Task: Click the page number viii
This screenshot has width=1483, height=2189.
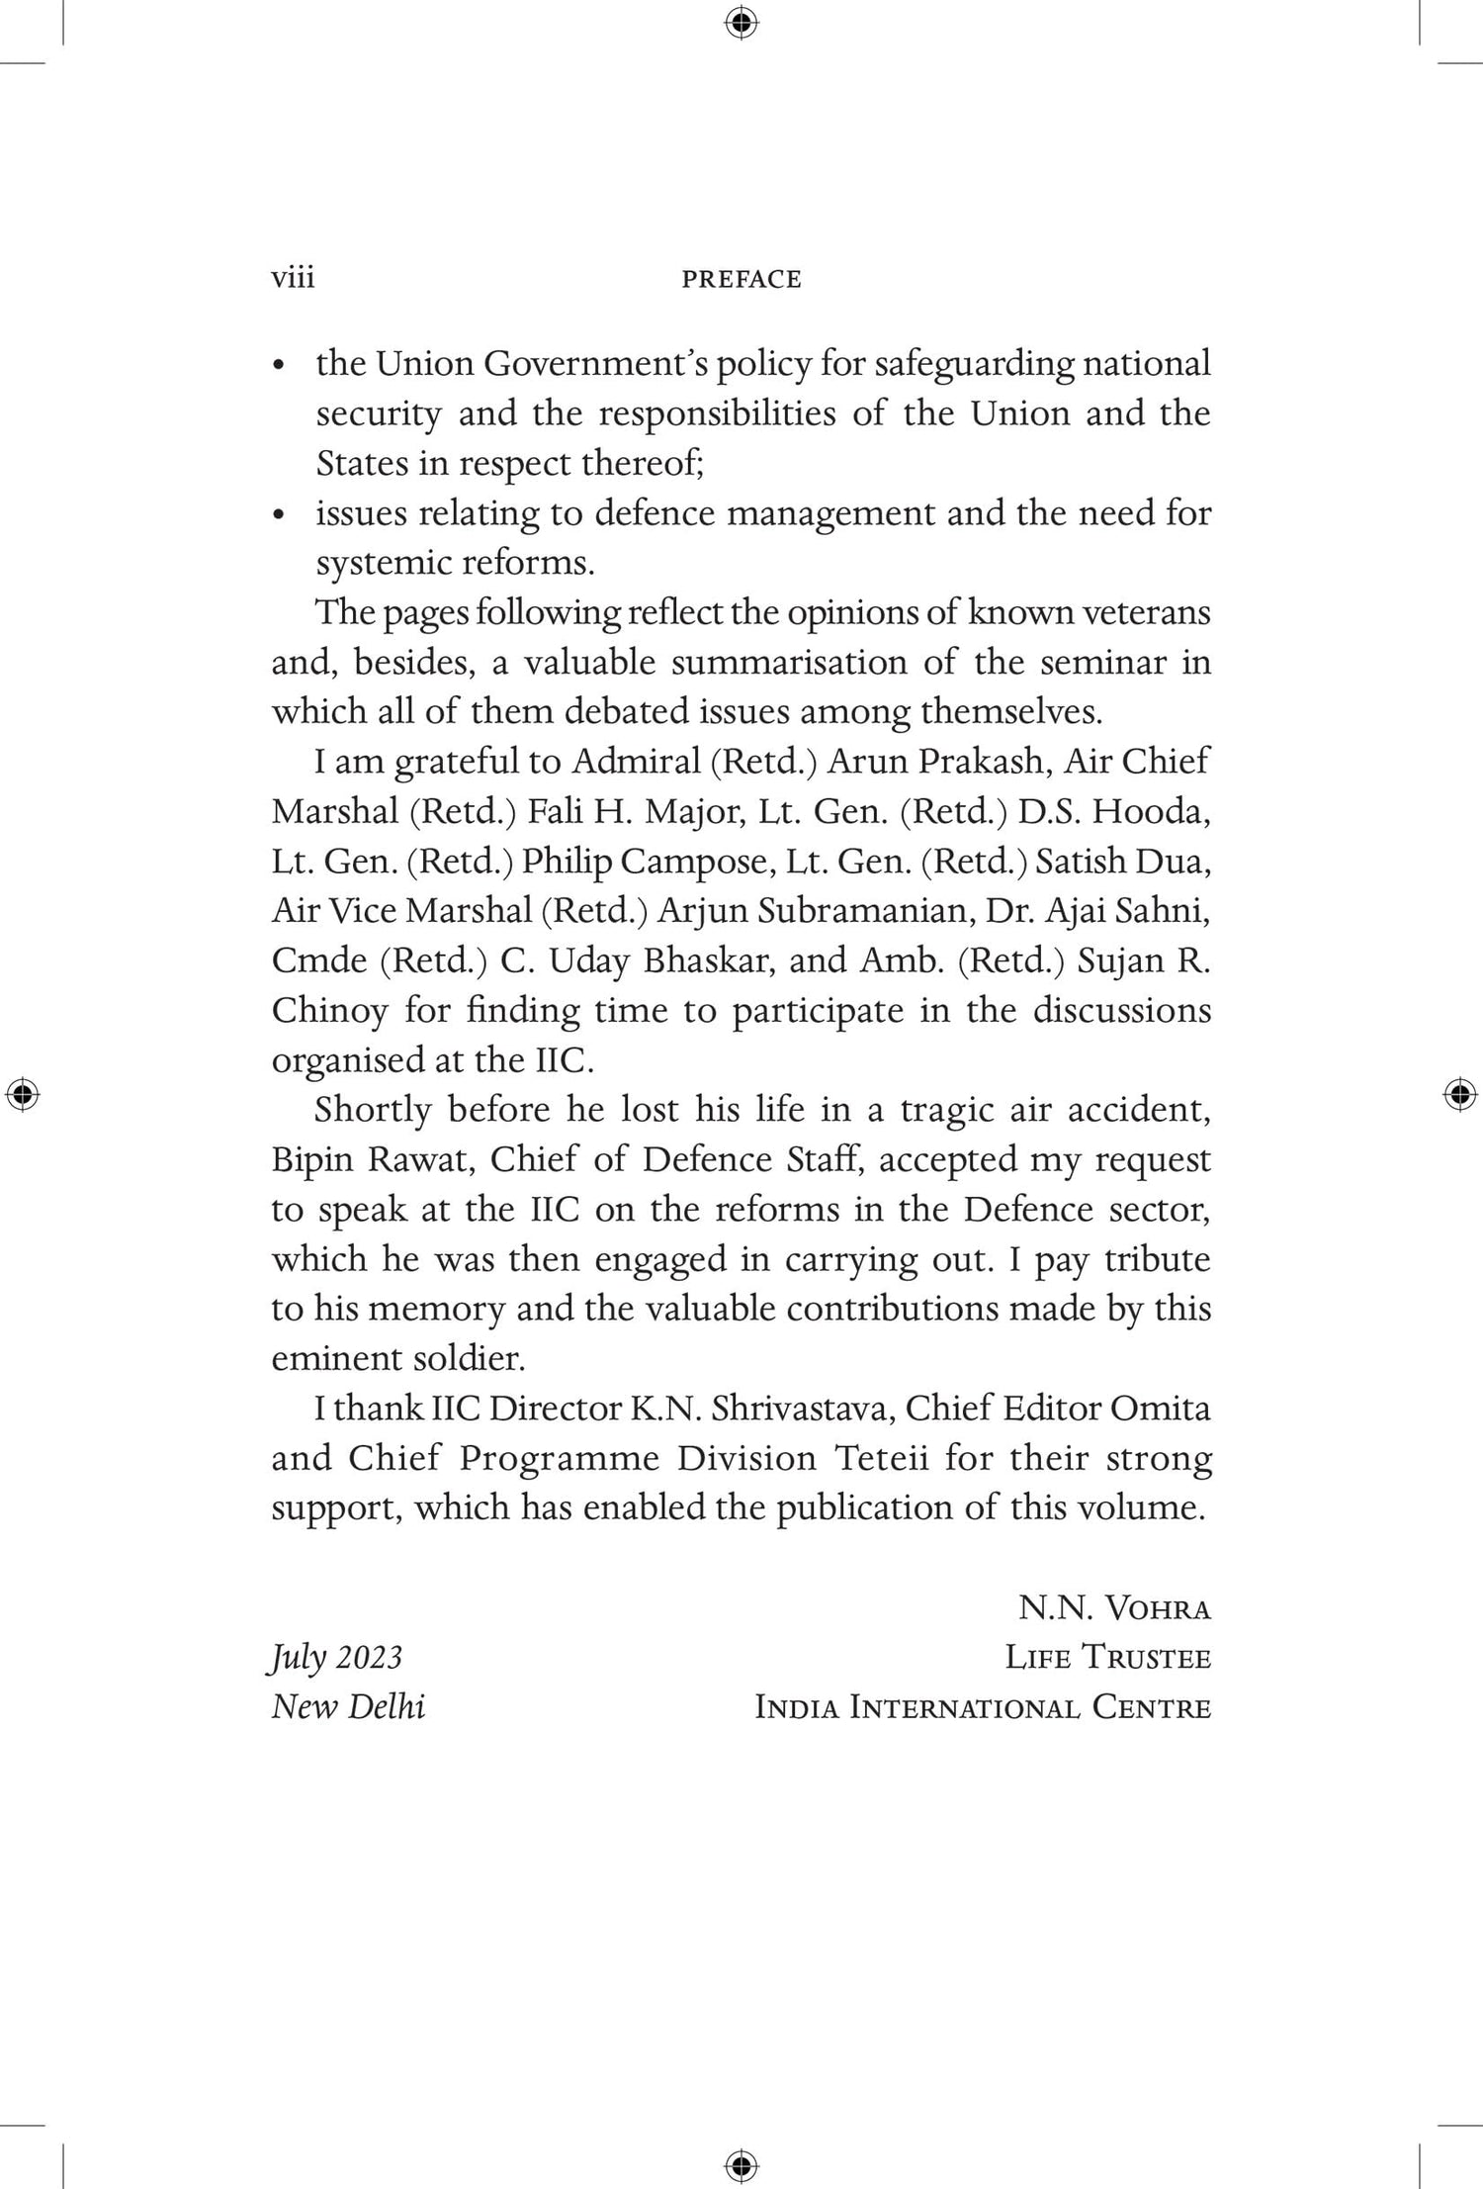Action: click(x=293, y=278)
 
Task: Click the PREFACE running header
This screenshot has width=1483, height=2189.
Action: click(x=741, y=279)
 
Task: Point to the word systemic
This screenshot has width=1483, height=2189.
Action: click(x=375, y=563)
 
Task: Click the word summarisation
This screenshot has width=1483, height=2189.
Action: click(x=789, y=662)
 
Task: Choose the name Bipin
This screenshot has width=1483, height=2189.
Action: click(x=310, y=1159)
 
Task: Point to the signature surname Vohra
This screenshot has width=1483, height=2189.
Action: click(x=1157, y=1608)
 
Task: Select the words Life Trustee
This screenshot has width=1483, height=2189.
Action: click(x=1107, y=1658)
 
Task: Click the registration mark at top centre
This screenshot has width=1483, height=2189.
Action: click(x=741, y=22)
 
